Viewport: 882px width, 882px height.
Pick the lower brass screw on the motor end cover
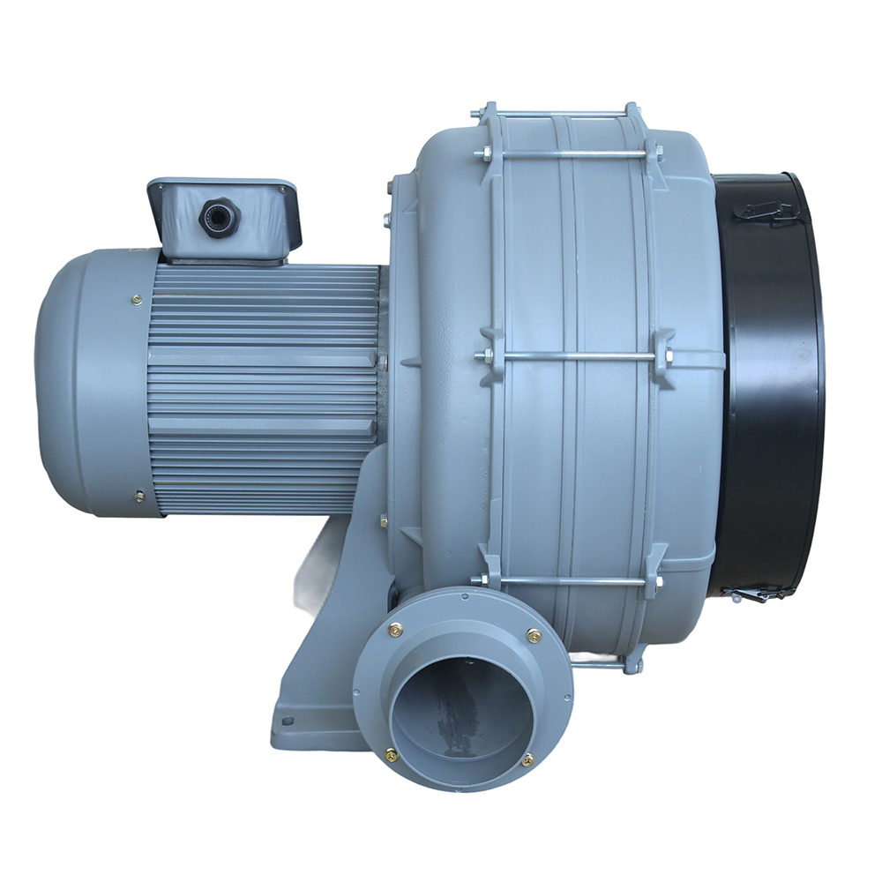pyautogui.click(x=138, y=497)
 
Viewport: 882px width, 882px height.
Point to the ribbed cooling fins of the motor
pyautogui.click(x=265, y=388)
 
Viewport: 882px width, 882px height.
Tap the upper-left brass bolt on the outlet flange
pyautogui.click(x=395, y=630)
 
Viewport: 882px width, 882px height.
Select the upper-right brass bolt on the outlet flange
pyautogui.click(x=534, y=635)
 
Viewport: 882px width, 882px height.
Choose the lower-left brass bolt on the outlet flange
pyautogui.click(x=391, y=755)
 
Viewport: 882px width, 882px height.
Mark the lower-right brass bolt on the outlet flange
pyautogui.click(x=527, y=759)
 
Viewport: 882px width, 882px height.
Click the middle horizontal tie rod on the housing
pyautogui.click(x=573, y=356)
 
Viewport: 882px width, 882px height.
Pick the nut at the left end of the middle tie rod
pyautogui.click(x=482, y=356)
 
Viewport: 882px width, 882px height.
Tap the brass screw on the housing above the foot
pyautogui.click(x=384, y=521)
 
